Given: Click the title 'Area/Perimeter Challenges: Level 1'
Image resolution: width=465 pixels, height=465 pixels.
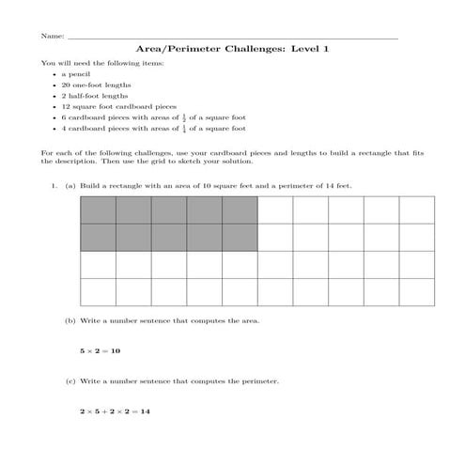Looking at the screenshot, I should pyautogui.click(x=233, y=48).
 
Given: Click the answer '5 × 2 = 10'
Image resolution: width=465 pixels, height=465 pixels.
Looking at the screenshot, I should pyautogui.click(x=101, y=350).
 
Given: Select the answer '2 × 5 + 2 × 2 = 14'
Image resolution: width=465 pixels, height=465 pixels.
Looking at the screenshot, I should pyautogui.click(x=116, y=411).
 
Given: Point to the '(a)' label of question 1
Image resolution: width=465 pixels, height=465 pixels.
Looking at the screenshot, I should pyautogui.click(x=70, y=186).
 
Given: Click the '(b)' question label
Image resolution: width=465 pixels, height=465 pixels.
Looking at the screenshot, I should pyautogui.click(x=70, y=320).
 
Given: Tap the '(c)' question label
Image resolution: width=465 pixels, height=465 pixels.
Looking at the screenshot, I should pyautogui.click(x=70, y=381).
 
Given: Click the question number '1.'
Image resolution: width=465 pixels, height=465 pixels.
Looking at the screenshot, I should pyautogui.click(x=54, y=186).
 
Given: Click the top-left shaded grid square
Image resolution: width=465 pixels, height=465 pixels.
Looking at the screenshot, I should pyautogui.click(x=98, y=210).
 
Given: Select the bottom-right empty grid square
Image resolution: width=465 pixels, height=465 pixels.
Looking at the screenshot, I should pyautogui.click(x=416, y=291).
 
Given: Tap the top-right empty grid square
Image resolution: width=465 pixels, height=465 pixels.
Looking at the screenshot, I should pyautogui.click(x=416, y=210).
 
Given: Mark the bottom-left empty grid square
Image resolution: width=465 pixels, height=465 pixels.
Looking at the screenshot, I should pyautogui.click(x=98, y=291).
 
